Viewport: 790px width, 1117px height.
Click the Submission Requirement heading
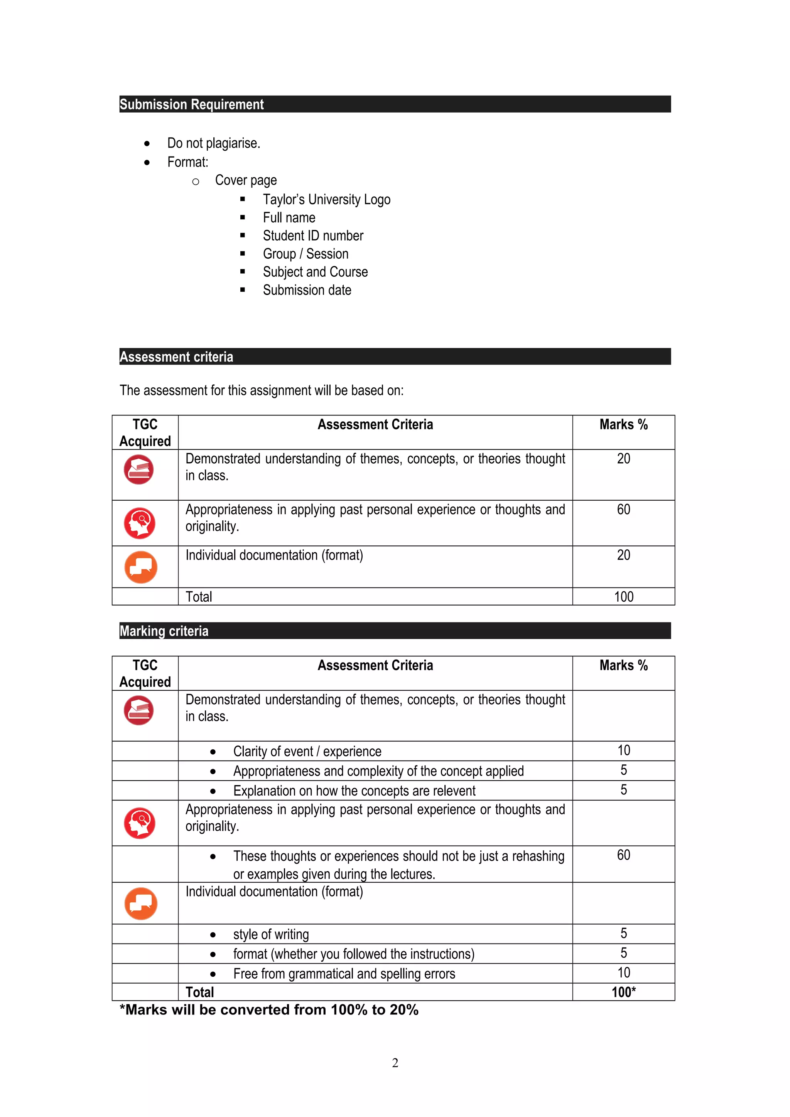click(191, 104)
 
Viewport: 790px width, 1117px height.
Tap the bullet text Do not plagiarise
click(213, 143)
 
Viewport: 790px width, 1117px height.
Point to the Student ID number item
click(312, 236)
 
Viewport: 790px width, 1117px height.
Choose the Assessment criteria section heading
click(176, 357)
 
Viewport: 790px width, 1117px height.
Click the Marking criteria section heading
click(164, 631)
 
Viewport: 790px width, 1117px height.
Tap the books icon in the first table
click(139, 469)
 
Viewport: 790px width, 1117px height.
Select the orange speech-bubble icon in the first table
click(141, 567)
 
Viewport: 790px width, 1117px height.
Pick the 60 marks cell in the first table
click(623, 510)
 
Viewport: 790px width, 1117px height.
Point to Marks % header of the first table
click(623, 425)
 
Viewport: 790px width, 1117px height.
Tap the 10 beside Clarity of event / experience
click(623, 750)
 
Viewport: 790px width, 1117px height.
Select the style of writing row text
click(271, 934)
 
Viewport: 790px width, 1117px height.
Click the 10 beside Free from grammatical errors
click(623, 972)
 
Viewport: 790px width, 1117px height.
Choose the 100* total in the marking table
click(623, 992)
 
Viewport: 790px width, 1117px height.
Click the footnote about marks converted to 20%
click(269, 1010)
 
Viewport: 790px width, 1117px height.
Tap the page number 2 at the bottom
click(395, 1063)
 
